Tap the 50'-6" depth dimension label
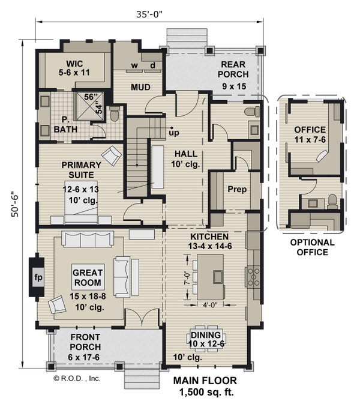13,205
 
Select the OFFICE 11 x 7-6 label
310,134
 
